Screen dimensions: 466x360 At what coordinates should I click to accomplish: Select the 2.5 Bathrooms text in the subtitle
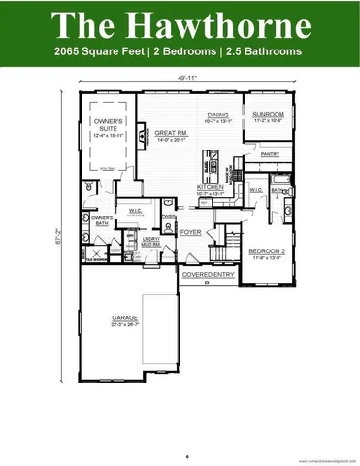click(263, 51)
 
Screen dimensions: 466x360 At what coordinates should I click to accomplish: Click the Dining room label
click(216, 115)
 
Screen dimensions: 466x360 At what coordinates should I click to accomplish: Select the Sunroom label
click(267, 115)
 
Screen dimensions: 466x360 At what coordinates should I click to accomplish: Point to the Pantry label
click(270, 153)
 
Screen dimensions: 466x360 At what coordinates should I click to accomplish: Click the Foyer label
click(190, 232)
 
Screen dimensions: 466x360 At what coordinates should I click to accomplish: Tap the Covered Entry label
click(209, 275)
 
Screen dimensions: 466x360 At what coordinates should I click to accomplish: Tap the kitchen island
click(207, 163)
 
